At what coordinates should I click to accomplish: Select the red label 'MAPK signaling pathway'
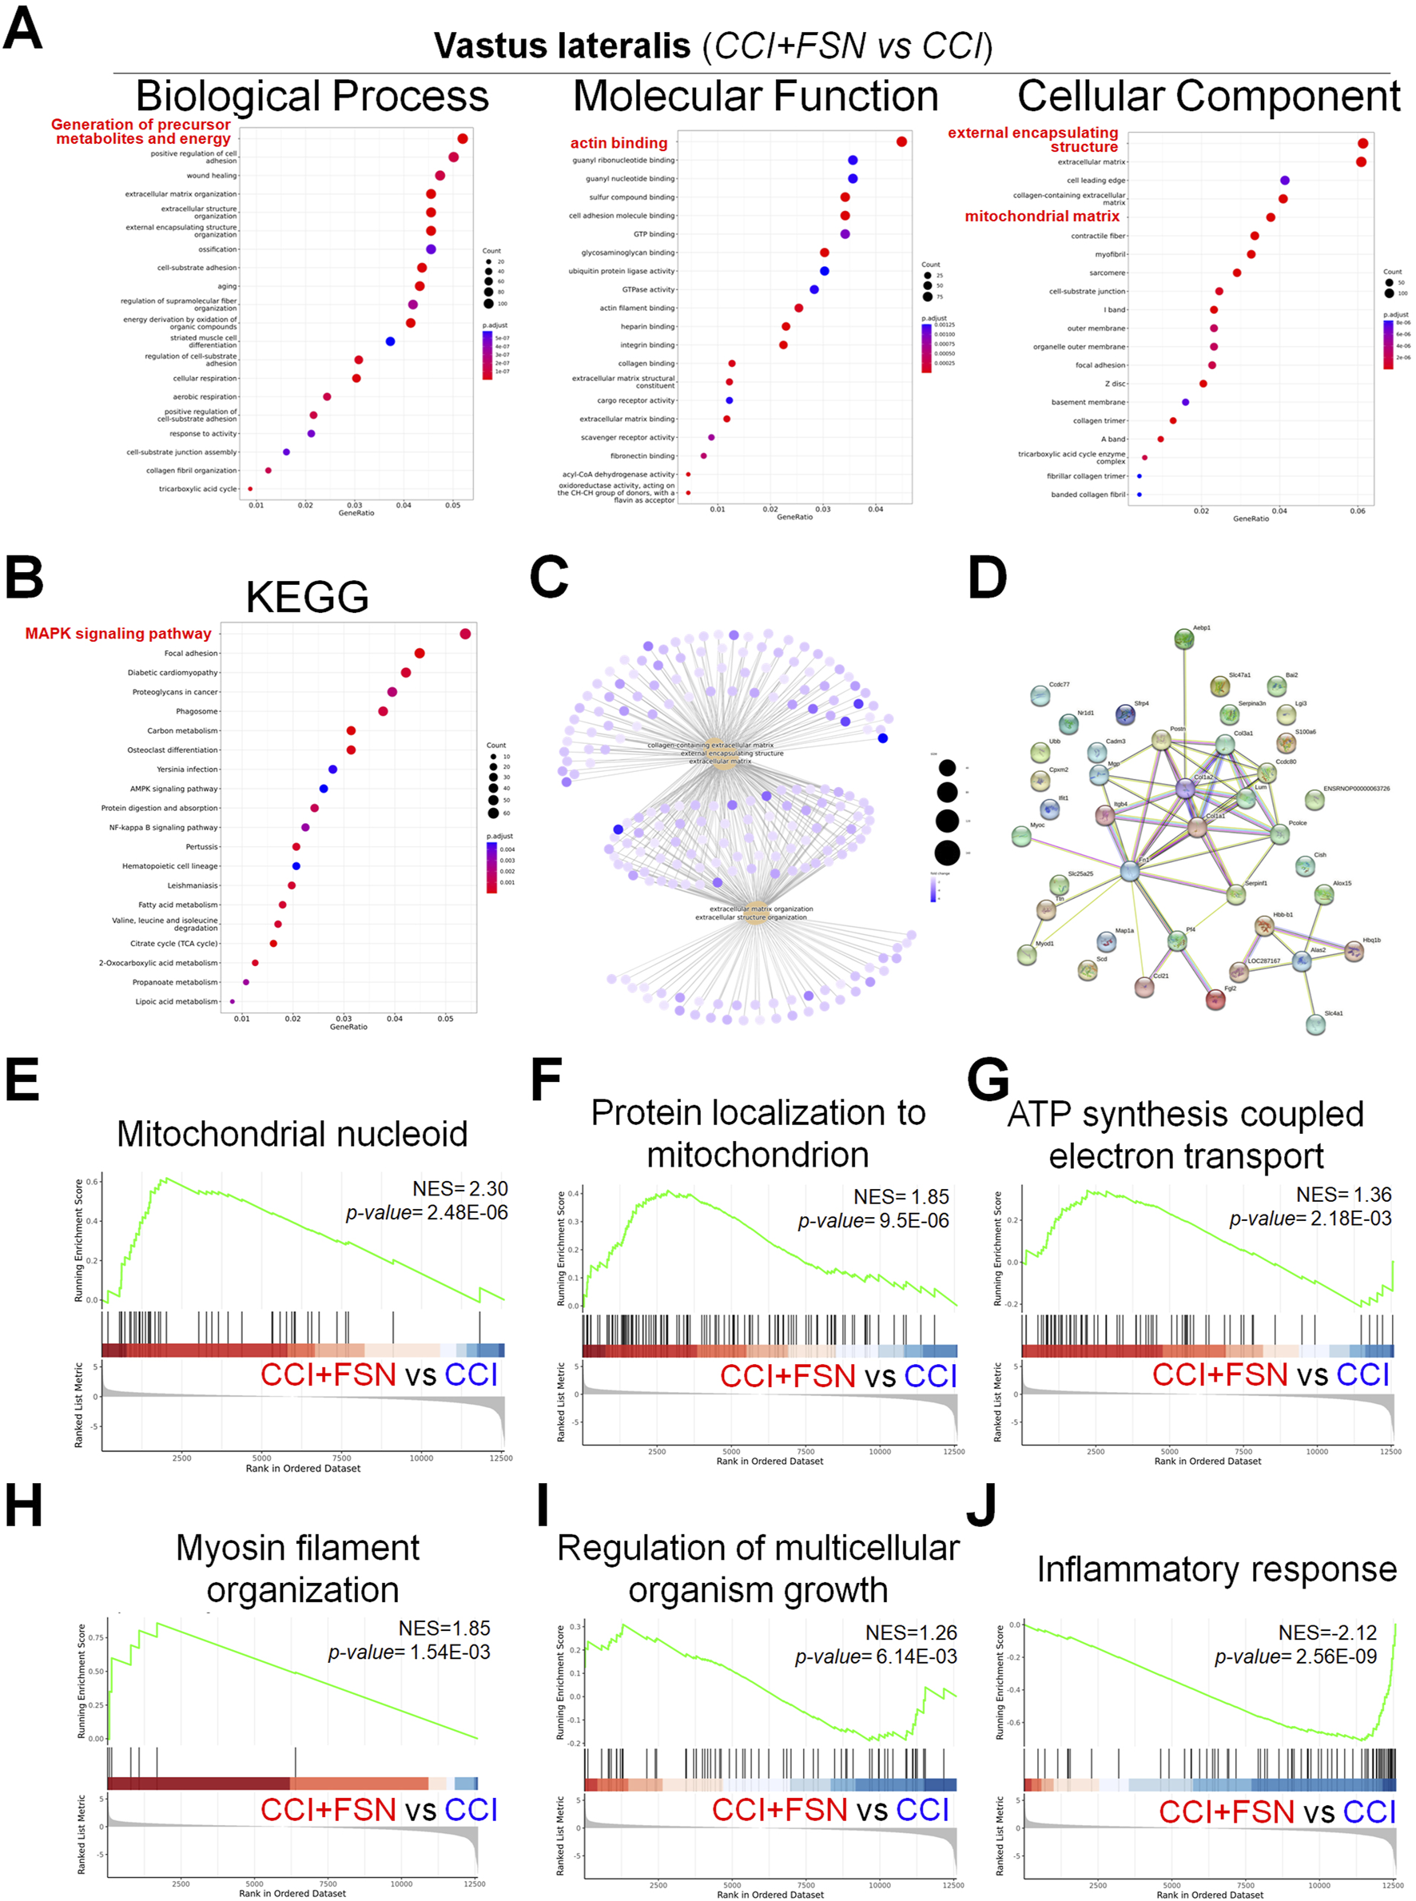(x=118, y=634)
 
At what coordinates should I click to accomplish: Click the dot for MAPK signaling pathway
(x=465, y=634)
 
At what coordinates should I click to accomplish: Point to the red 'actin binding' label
(x=618, y=143)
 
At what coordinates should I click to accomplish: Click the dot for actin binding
(x=901, y=141)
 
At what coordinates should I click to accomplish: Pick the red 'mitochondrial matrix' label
(x=1041, y=216)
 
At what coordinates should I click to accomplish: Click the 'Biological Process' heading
(x=312, y=96)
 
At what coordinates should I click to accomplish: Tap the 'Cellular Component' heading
(x=1208, y=96)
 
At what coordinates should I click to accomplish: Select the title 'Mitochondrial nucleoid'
(x=292, y=1134)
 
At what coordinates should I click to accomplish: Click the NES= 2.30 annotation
(x=459, y=1189)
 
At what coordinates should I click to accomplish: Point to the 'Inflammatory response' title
(x=1216, y=1569)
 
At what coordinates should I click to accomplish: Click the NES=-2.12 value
(x=1327, y=1633)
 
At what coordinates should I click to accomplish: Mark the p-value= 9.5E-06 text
(x=873, y=1220)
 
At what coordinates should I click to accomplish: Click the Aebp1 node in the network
(x=1183, y=638)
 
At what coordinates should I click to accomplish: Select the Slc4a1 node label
(x=1333, y=1013)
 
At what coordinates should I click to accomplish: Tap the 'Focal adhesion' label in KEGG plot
(x=191, y=653)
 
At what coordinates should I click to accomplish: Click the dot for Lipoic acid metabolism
(x=233, y=1001)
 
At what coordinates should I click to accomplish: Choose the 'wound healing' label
(x=211, y=176)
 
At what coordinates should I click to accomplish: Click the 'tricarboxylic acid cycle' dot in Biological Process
(x=250, y=489)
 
